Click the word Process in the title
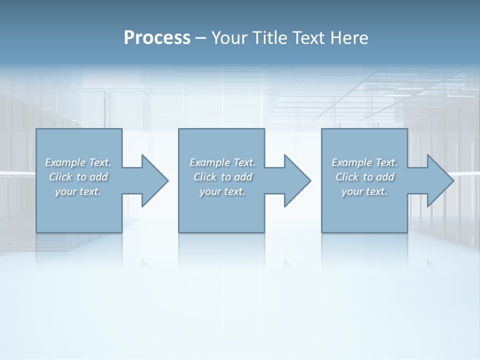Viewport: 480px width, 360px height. (x=157, y=38)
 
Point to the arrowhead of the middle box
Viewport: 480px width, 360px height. (x=296, y=180)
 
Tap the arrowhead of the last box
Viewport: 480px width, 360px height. (x=439, y=180)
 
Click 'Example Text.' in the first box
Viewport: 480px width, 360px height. (x=78, y=162)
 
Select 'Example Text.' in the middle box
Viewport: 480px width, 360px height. (x=222, y=162)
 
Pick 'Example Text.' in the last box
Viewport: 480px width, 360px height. (x=364, y=162)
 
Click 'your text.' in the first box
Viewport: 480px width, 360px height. (x=78, y=191)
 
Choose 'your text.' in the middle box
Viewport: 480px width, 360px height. (x=222, y=191)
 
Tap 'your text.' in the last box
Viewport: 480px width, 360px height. (x=364, y=191)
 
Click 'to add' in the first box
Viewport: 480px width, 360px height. (x=92, y=177)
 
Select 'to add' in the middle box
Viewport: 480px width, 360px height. (x=237, y=177)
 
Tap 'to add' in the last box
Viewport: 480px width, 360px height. (x=379, y=177)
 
